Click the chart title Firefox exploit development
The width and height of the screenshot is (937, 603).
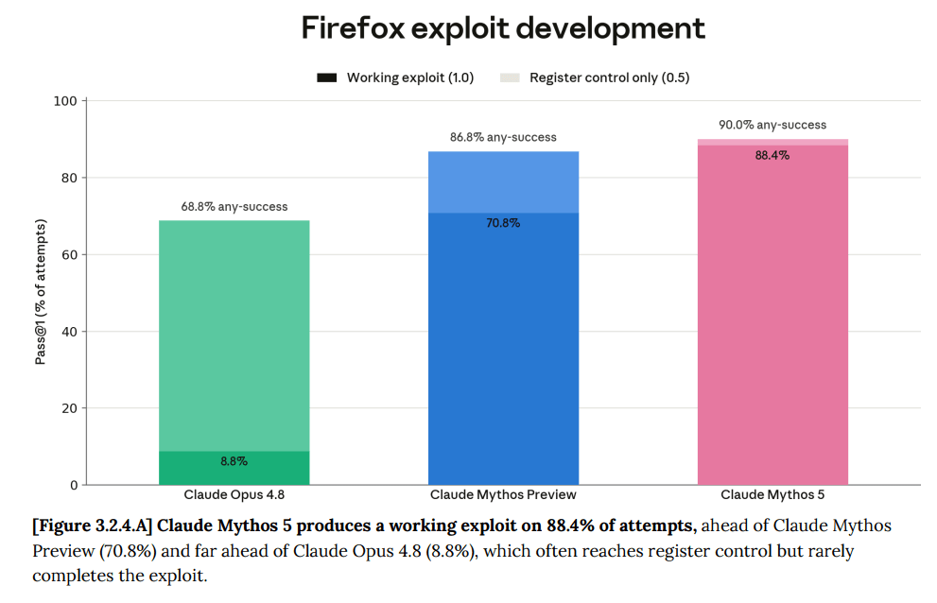coord(503,28)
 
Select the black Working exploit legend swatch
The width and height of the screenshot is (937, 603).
coord(326,78)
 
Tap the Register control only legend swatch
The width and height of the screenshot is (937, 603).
coord(510,78)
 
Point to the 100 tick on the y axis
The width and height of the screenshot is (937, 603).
coord(65,101)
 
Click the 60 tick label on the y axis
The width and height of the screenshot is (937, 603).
coord(69,254)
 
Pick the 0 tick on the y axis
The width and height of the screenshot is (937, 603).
coord(74,485)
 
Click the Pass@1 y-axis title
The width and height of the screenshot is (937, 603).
coord(40,292)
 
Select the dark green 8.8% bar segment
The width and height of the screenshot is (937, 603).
coord(234,468)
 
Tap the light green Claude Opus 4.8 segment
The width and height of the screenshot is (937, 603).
coord(234,336)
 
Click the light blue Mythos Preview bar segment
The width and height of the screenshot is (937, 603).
coord(503,182)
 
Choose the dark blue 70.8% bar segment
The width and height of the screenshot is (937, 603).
coord(503,349)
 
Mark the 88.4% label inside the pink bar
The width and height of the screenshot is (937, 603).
coord(772,155)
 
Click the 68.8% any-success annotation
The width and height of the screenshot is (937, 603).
coord(234,207)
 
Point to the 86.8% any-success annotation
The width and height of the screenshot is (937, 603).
coord(503,137)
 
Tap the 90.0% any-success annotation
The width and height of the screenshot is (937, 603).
coord(772,125)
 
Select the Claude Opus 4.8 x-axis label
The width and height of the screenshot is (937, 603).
coord(234,495)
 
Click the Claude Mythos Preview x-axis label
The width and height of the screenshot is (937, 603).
coord(503,495)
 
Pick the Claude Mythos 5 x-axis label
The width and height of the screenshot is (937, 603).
coord(772,495)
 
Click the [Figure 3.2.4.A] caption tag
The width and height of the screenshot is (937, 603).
coord(93,525)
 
